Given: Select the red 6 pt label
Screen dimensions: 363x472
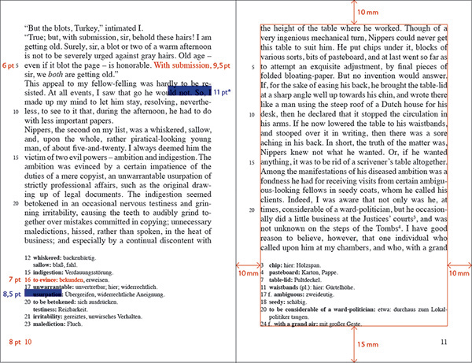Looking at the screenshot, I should pos(9,65).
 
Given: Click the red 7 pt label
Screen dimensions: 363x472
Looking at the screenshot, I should pos(13,280).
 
